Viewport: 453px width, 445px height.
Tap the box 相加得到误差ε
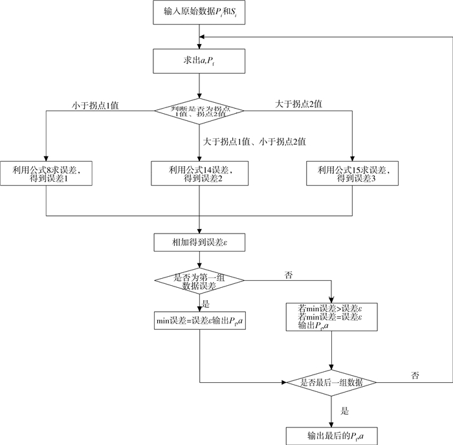click(x=199, y=243)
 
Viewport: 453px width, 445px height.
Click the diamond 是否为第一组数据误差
click(x=199, y=281)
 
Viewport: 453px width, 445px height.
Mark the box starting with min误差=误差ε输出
click(x=199, y=320)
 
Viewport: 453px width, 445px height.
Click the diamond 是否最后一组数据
click(x=331, y=382)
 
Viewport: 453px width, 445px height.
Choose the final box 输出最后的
click(x=331, y=434)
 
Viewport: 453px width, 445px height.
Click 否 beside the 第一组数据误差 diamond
click(x=289, y=275)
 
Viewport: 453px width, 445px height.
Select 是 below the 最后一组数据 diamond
click(x=344, y=410)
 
